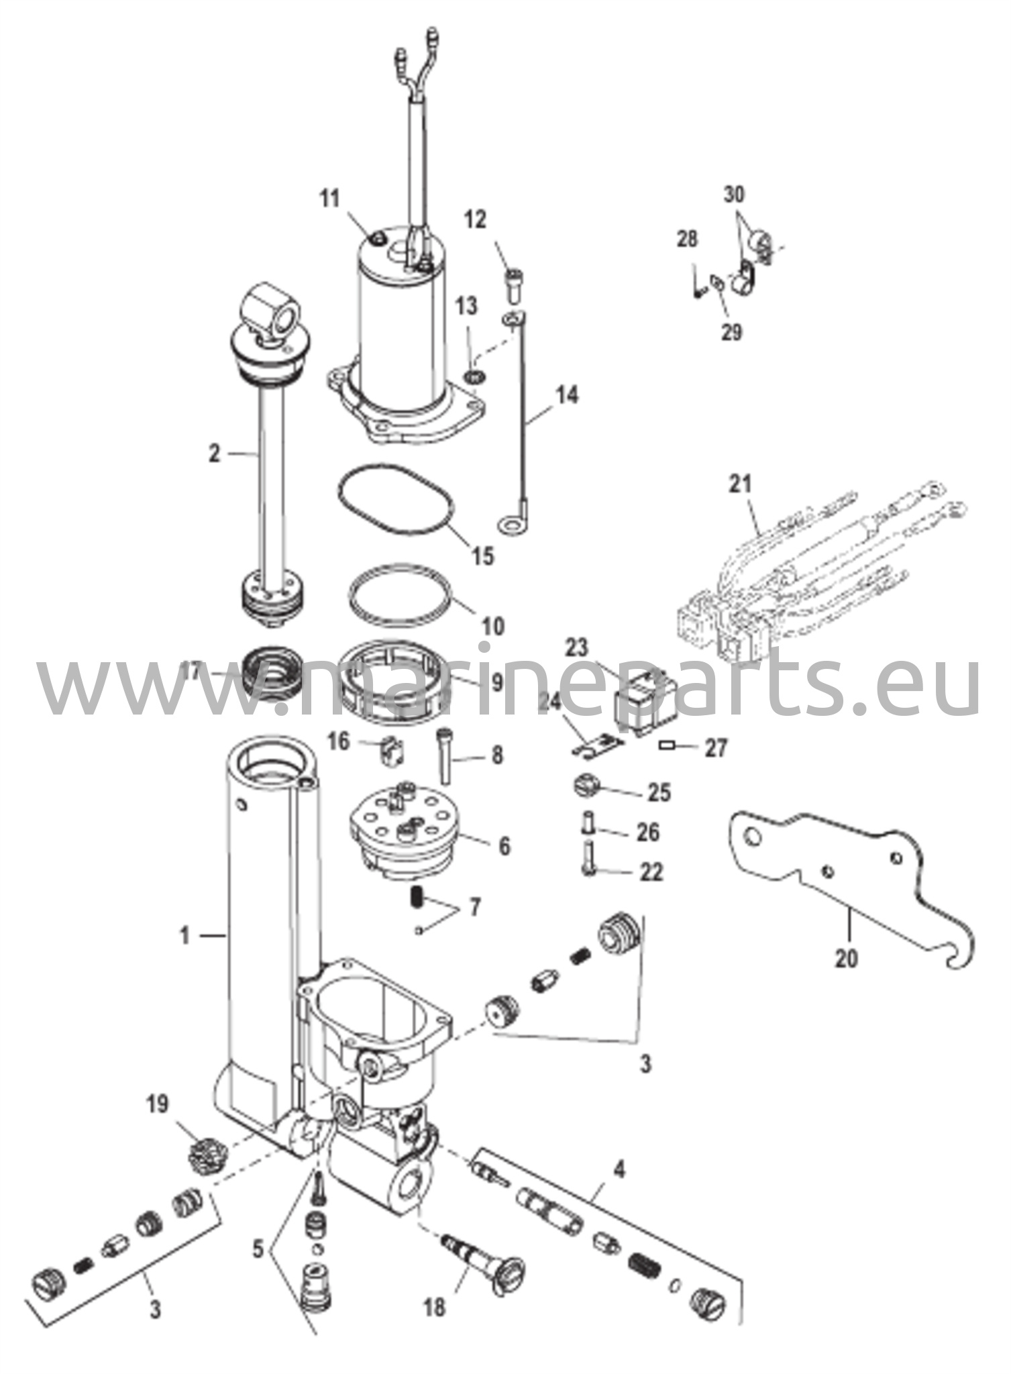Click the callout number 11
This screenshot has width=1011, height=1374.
(x=330, y=199)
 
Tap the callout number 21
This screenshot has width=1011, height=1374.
(x=741, y=484)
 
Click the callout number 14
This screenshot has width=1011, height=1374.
(x=566, y=395)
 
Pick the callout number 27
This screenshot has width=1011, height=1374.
(x=716, y=748)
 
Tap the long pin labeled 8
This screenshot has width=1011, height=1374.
(x=445, y=755)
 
